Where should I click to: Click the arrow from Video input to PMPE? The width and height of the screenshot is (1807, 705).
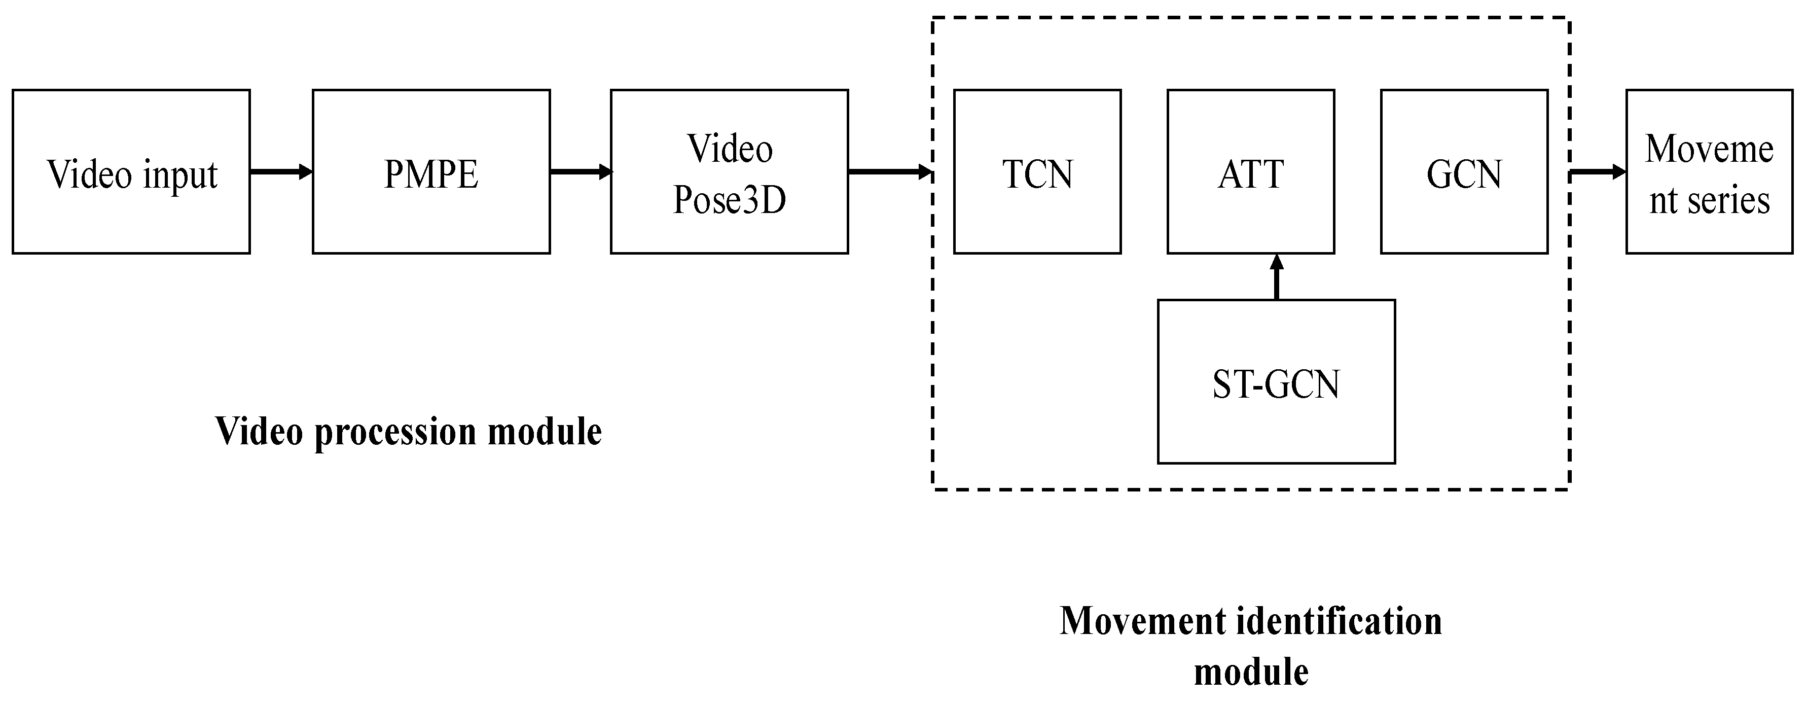click(x=280, y=171)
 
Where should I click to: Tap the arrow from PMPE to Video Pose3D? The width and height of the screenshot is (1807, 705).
click(x=580, y=171)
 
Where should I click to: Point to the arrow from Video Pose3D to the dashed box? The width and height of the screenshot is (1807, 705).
click(x=889, y=171)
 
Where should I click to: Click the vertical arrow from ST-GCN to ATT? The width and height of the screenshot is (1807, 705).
click(x=1276, y=277)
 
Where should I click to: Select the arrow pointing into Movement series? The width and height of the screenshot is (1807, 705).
click(x=1597, y=171)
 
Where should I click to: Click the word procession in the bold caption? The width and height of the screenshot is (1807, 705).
click(x=395, y=432)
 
